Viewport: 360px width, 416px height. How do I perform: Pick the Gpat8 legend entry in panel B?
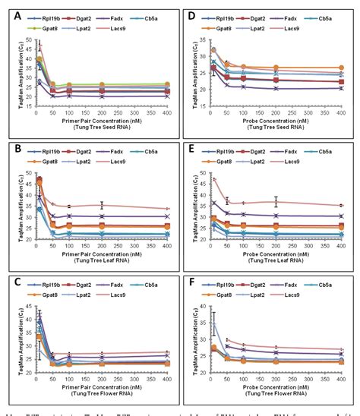tap(49, 159)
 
